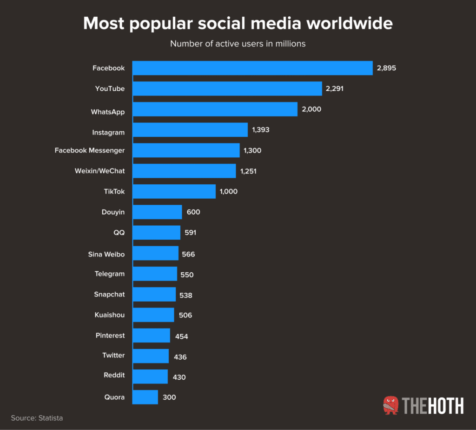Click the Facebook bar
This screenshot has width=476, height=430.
252,68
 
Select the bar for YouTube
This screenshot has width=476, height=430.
227,88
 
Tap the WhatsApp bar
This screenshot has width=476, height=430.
215,109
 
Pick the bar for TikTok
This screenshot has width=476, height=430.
174,191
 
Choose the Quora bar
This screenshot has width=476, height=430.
145,397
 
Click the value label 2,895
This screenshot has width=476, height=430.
386,68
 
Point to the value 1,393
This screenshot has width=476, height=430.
261,130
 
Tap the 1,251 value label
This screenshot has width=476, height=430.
248,171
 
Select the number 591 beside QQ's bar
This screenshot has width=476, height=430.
190,233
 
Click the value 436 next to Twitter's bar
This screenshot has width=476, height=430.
180,357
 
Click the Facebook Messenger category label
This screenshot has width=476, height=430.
90,150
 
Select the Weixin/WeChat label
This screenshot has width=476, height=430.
99,171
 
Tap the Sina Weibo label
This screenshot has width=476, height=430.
106,254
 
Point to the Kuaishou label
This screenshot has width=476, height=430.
109,315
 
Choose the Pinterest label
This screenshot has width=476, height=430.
110,335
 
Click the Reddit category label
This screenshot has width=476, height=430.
114,375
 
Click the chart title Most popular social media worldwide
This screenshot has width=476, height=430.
238,23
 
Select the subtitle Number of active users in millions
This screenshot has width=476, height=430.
238,44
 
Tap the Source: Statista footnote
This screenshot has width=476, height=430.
37,418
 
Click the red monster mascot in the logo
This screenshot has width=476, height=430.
391,405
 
